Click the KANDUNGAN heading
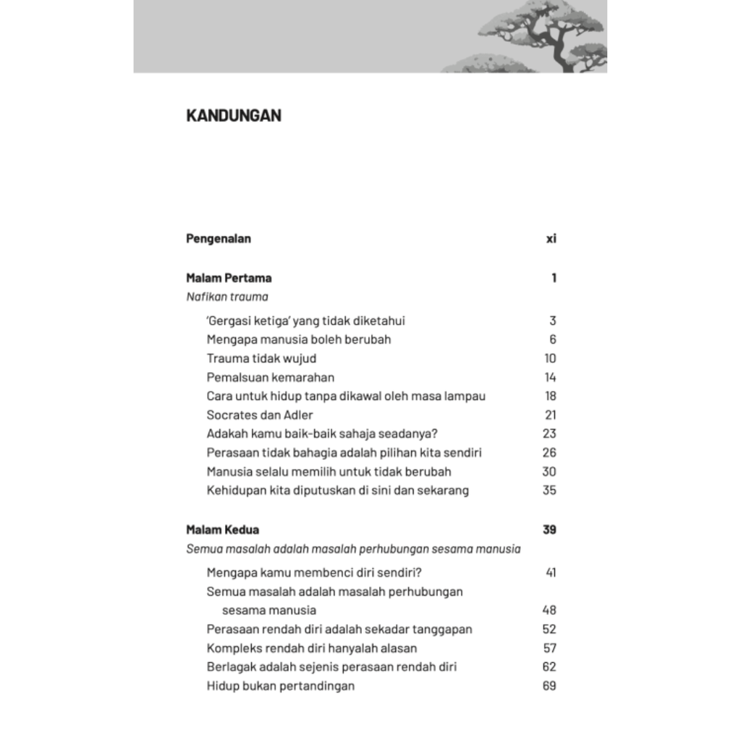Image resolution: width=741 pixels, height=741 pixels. click(234, 116)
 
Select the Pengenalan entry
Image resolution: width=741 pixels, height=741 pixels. click(219, 239)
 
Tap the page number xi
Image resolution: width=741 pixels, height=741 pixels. click(551, 239)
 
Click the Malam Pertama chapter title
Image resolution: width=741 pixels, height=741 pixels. click(229, 278)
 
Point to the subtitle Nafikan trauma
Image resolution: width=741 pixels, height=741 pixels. click(226, 297)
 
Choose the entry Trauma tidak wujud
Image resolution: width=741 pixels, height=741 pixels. click(261, 358)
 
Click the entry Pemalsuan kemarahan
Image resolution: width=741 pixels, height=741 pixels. click(270, 377)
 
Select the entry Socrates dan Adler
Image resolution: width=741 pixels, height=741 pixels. click(260, 415)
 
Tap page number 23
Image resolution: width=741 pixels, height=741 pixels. click(549, 433)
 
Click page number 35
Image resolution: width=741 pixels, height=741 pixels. click(549, 490)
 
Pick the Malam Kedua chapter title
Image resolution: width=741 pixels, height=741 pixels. click(222, 530)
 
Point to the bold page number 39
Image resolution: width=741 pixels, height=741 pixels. click(549, 530)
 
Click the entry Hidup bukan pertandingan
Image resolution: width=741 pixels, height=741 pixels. click(281, 685)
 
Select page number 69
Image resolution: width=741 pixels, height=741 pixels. click(549, 685)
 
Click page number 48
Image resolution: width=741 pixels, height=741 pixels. click(549, 610)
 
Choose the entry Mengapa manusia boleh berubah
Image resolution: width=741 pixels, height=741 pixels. click(299, 339)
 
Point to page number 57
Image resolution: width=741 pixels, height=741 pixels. click(549, 648)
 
